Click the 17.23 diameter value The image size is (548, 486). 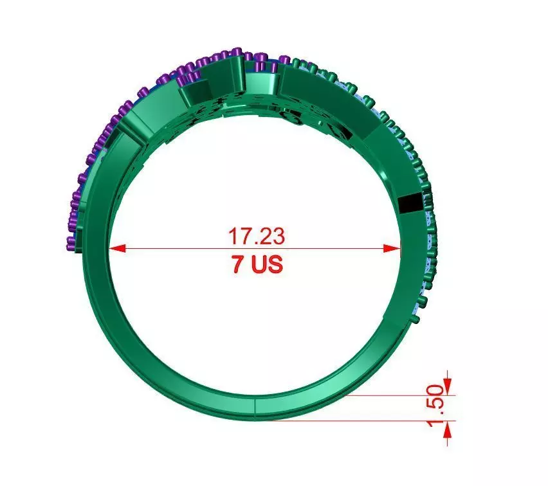click(256, 235)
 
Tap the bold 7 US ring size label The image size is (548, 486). click(257, 265)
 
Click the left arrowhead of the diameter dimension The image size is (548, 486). click(116, 248)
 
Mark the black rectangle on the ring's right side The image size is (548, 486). click(409, 204)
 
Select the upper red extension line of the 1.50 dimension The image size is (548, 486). click(399, 395)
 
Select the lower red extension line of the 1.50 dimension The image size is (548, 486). click(360, 421)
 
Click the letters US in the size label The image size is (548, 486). click(266, 265)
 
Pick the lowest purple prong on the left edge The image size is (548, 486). click(70, 242)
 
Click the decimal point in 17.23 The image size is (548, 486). click(255, 243)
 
